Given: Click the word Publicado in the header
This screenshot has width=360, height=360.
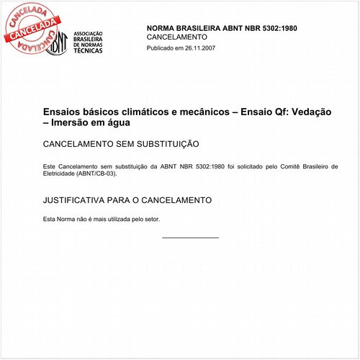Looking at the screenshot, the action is click(x=162, y=48).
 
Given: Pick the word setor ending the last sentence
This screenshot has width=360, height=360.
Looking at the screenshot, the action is click(x=152, y=219).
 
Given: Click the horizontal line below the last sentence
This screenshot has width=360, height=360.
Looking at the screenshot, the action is click(x=190, y=237).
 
